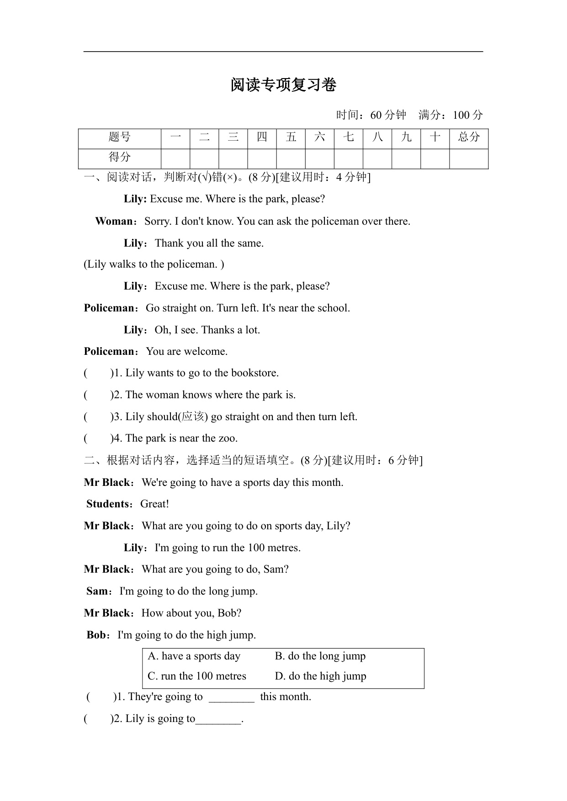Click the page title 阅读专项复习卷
coord(283,85)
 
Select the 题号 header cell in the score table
coord(120,137)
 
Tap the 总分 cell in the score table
coord(469,137)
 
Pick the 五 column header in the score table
coord(291,137)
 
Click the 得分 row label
coord(120,158)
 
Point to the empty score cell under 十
coord(435,158)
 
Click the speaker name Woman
coord(114,221)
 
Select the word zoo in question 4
coord(227,438)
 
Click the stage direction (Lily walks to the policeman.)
coord(154,264)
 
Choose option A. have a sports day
coord(194,656)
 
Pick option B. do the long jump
coord(320,656)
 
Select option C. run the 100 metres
coord(197,676)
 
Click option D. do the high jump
coord(321,676)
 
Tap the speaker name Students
coord(109,504)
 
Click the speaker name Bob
coord(96,635)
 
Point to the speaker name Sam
coord(97,591)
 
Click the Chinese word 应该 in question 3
coord(192,417)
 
